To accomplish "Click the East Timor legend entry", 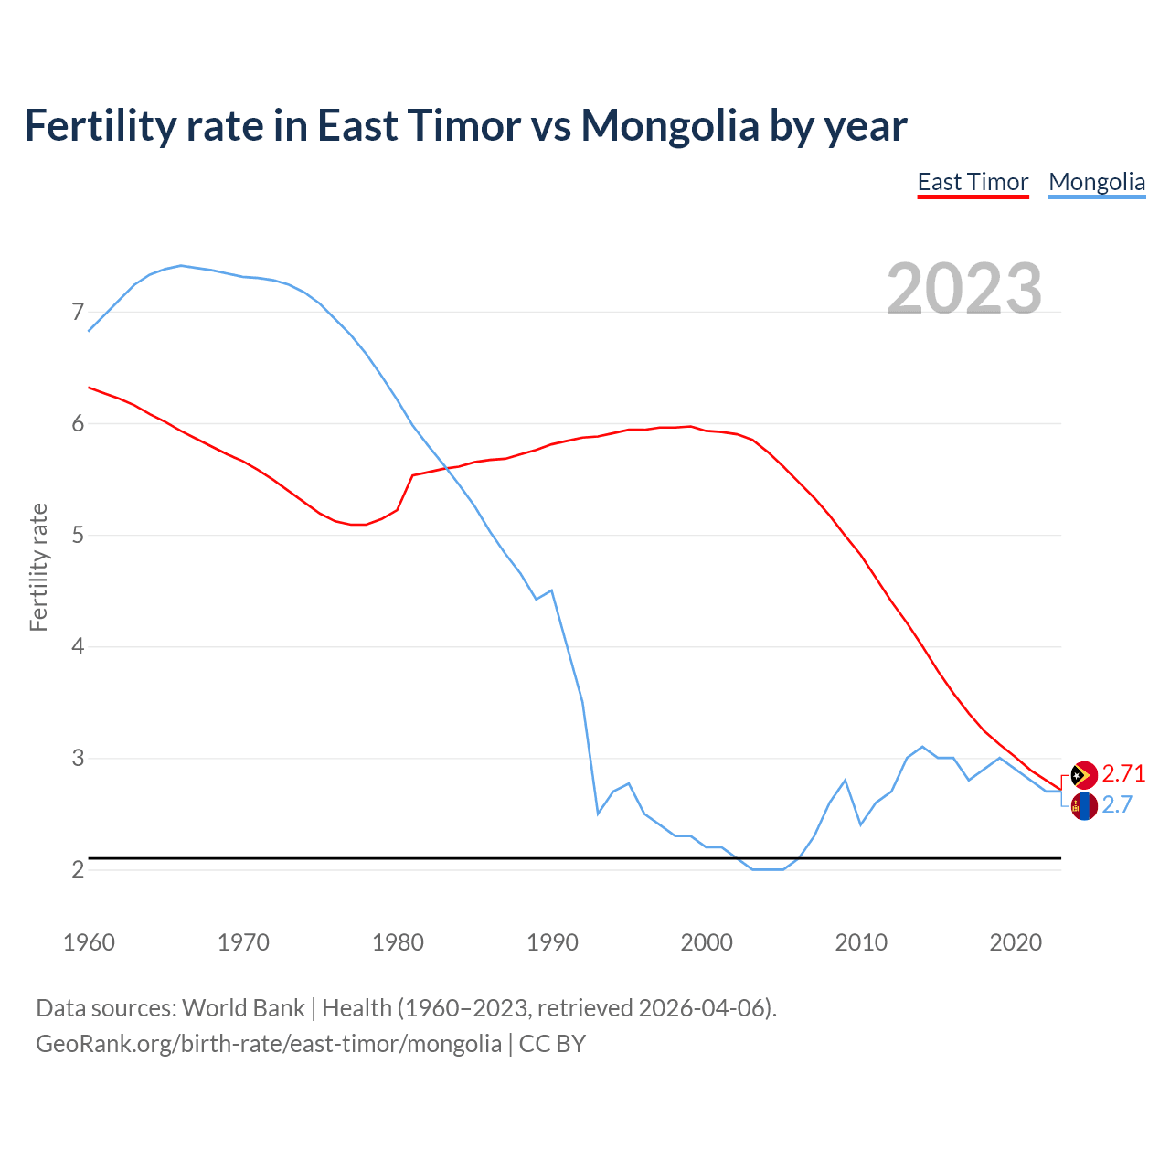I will (x=973, y=182).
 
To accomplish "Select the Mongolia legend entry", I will (x=1097, y=182).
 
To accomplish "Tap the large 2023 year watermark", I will (x=964, y=289).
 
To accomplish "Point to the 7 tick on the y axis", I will (x=78, y=313).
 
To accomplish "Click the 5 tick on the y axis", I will (x=78, y=535).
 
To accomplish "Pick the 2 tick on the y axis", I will (x=78, y=869).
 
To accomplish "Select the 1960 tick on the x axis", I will (x=89, y=942).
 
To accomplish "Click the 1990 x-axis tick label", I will (x=552, y=942).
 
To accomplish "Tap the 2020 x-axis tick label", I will (x=1016, y=942).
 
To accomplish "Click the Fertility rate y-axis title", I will (x=38, y=567).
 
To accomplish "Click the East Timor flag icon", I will (x=1084, y=775).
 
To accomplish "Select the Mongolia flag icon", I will (x=1084, y=806).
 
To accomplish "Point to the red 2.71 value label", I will (x=1123, y=774).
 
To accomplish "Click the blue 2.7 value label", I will (x=1117, y=804).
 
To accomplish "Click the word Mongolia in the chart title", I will (x=670, y=125).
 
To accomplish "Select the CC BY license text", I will (x=552, y=1044).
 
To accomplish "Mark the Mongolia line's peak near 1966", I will (x=181, y=265).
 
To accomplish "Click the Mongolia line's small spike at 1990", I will (x=551, y=590).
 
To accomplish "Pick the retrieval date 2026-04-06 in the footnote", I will (x=705, y=1008).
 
